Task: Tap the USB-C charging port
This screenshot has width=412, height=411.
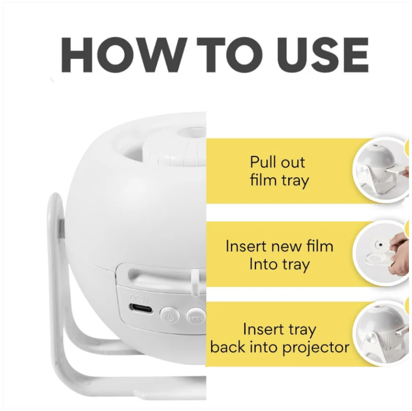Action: pos(141,308)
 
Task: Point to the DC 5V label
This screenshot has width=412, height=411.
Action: pos(140,299)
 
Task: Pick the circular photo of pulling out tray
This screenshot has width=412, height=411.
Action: pos(382,170)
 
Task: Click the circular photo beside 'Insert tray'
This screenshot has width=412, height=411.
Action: pos(382,333)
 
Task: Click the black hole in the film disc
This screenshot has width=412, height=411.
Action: pos(381,244)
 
